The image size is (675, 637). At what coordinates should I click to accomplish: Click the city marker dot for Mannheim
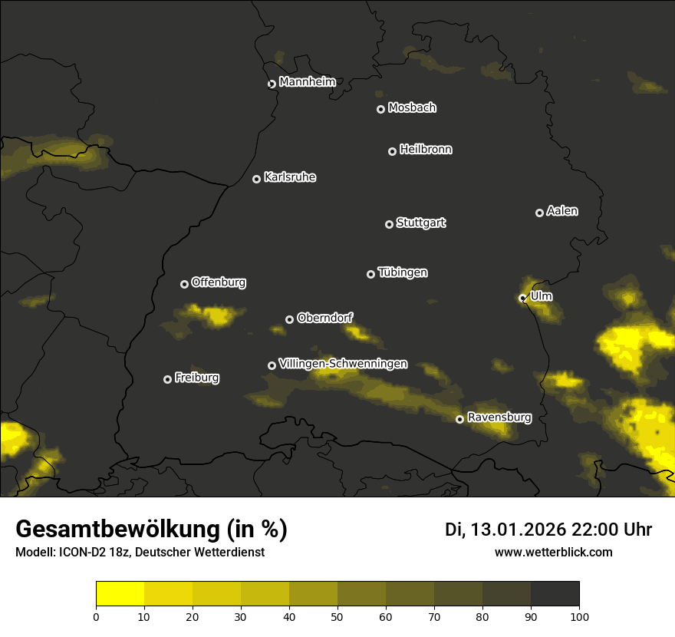click(272, 84)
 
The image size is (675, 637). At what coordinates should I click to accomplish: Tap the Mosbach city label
click(412, 107)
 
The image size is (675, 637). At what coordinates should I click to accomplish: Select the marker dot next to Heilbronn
click(392, 151)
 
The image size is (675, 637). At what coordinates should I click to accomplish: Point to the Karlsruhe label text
click(290, 177)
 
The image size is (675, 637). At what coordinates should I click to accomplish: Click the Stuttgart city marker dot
click(389, 224)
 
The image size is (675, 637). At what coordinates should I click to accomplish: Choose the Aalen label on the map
click(562, 211)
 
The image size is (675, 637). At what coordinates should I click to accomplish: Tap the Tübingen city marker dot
click(370, 274)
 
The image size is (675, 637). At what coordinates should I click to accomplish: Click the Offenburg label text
click(219, 282)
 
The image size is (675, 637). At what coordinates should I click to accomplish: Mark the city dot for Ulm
click(522, 298)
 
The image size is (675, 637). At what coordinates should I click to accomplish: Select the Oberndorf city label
click(325, 318)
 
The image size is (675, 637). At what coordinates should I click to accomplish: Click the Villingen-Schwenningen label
click(344, 364)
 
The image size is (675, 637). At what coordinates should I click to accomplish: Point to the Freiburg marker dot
click(167, 379)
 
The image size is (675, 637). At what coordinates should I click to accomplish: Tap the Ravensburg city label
click(499, 418)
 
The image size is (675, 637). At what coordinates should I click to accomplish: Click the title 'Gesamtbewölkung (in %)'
click(151, 530)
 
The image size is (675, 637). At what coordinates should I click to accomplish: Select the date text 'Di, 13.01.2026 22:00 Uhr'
click(548, 530)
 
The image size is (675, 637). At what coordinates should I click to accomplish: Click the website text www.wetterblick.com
click(554, 553)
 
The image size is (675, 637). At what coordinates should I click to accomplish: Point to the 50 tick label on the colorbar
click(337, 616)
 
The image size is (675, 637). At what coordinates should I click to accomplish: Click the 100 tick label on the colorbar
click(579, 616)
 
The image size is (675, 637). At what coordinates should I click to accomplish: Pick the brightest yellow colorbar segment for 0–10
click(120, 594)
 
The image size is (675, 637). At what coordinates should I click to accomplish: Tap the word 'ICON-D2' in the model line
click(79, 553)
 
